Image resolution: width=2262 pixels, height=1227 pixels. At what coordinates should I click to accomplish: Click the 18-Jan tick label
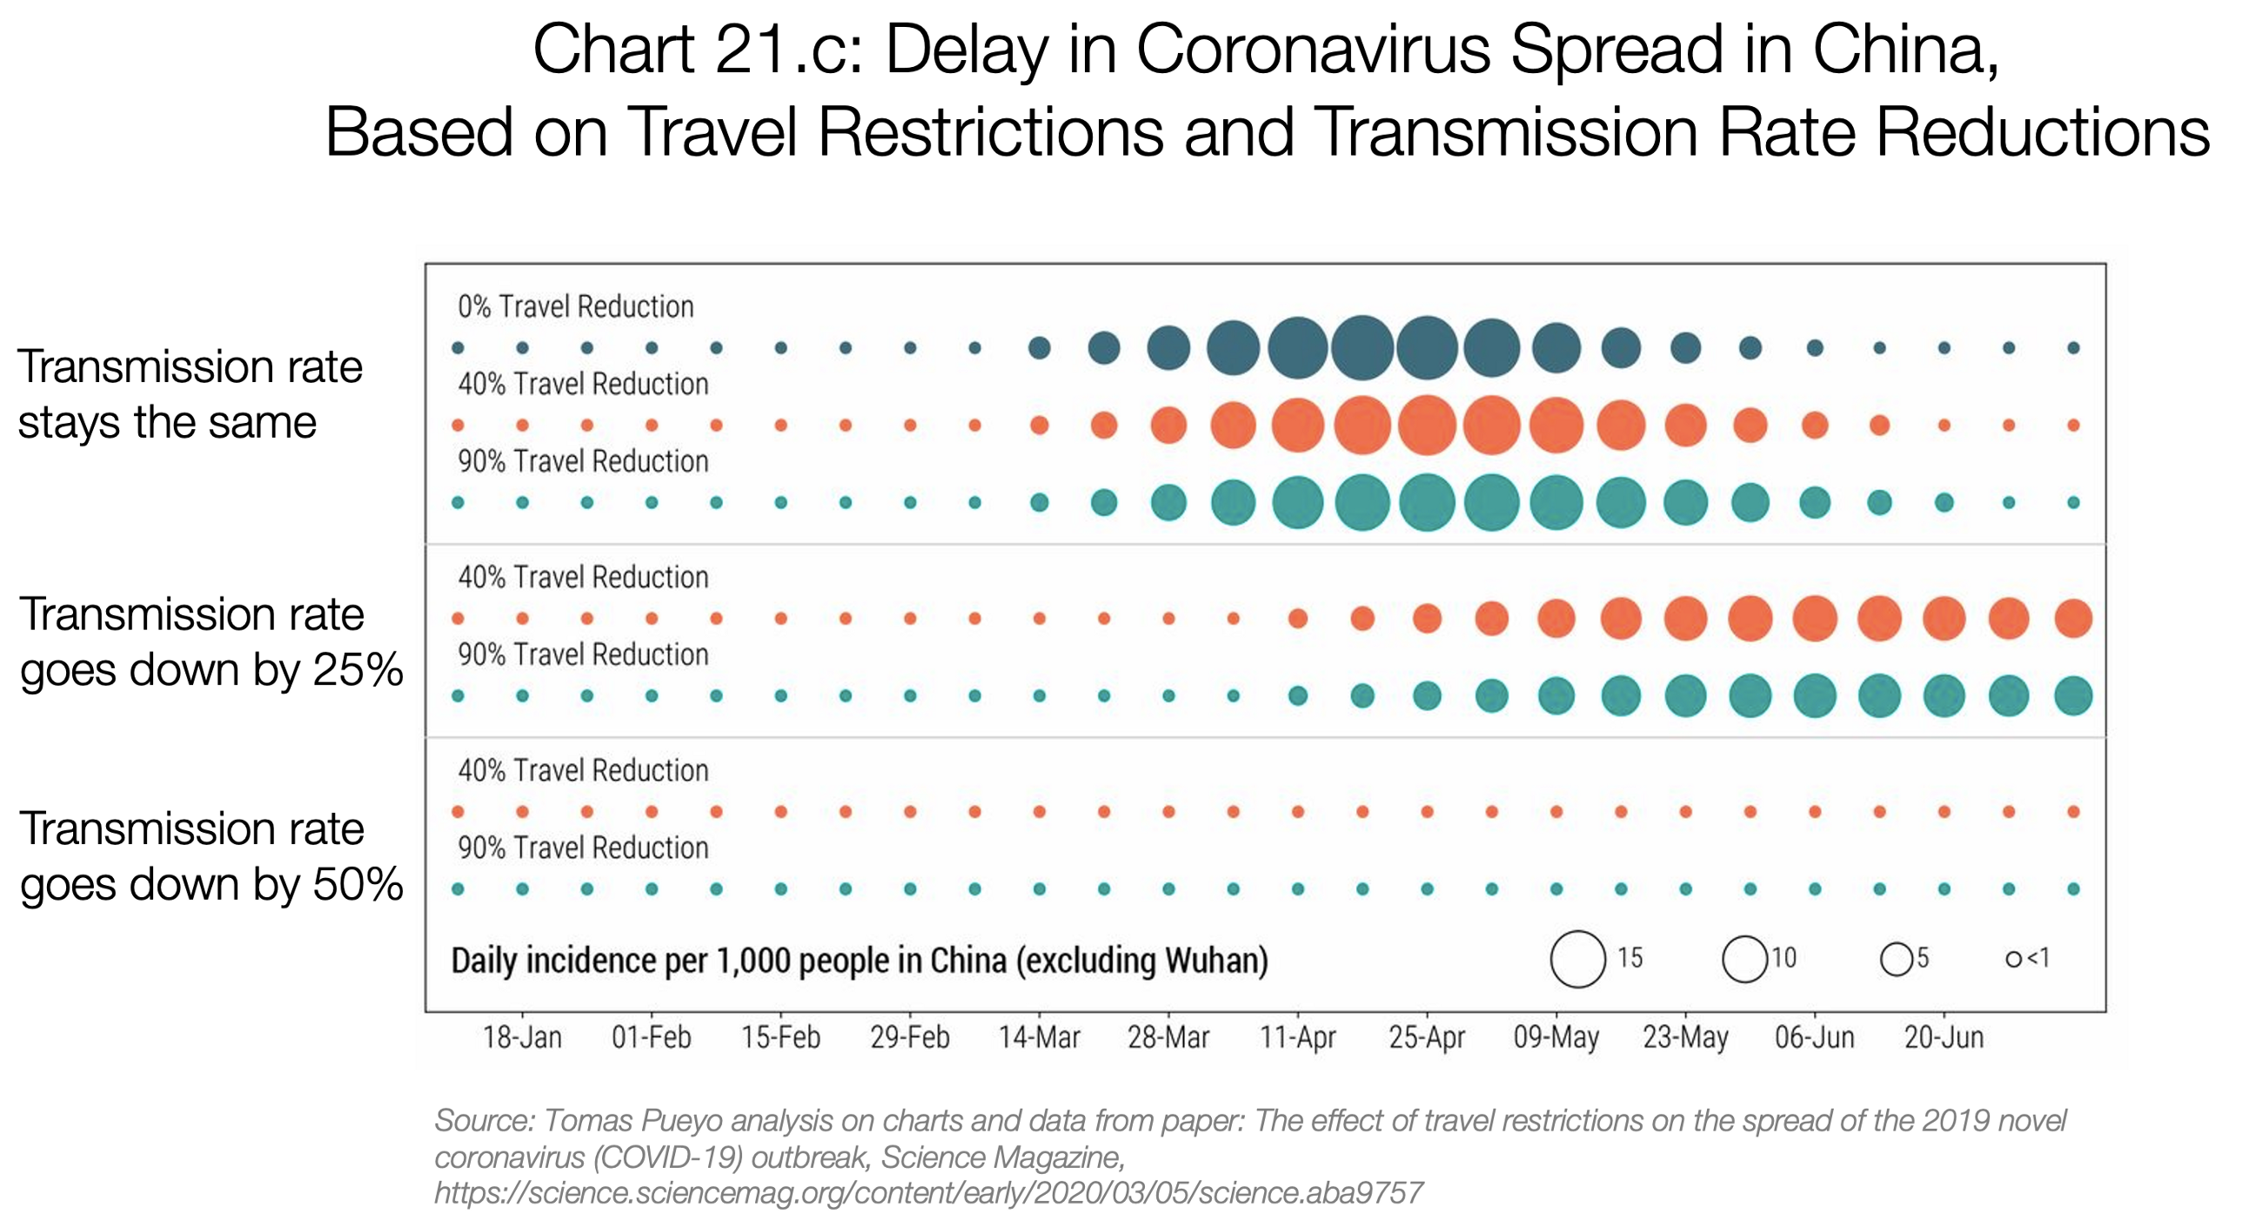pyautogui.click(x=522, y=1037)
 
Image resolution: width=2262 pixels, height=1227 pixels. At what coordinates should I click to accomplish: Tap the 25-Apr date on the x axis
pyautogui.click(x=1427, y=1037)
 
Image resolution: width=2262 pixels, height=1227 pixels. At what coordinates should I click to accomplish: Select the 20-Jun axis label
pyautogui.click(x=1944, y=1037)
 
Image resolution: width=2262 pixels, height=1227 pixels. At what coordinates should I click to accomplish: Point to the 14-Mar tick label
pyautogui.click(x=1039, y=1037)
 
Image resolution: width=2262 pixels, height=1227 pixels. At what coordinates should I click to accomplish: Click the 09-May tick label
pyautogui.click(x=1556, y=1037)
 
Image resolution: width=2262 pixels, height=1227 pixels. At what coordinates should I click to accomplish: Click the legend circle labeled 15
pyautogui.click(x=1578, y=958)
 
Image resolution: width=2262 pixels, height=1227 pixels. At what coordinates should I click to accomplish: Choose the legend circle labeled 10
pyautogui.click(x=1744, y=958)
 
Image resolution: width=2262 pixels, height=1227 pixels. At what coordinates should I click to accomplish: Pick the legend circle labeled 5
pyautogui.click(x=1897, y=958)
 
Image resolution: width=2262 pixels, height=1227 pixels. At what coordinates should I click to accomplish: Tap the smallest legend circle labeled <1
pyautogui.click(x=2013, y=959)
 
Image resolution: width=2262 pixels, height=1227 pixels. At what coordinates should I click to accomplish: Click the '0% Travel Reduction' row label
pyautogui.click(x=575, y=306)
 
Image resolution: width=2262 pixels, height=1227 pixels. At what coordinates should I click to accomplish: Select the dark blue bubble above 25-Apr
pyautogui.click(x=1427, y=348)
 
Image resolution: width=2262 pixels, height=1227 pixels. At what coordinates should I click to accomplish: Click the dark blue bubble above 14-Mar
pyautogui.click(x=1039, y=348)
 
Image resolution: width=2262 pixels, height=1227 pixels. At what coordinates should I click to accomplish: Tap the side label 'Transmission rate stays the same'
pyautogui.click(x=189, y=393)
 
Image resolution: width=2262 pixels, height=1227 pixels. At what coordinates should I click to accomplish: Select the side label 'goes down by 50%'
pyautogui.click(x=211, y=883)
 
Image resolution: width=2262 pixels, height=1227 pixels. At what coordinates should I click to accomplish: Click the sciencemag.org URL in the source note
pyautogui.click(x=928, y=1193)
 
